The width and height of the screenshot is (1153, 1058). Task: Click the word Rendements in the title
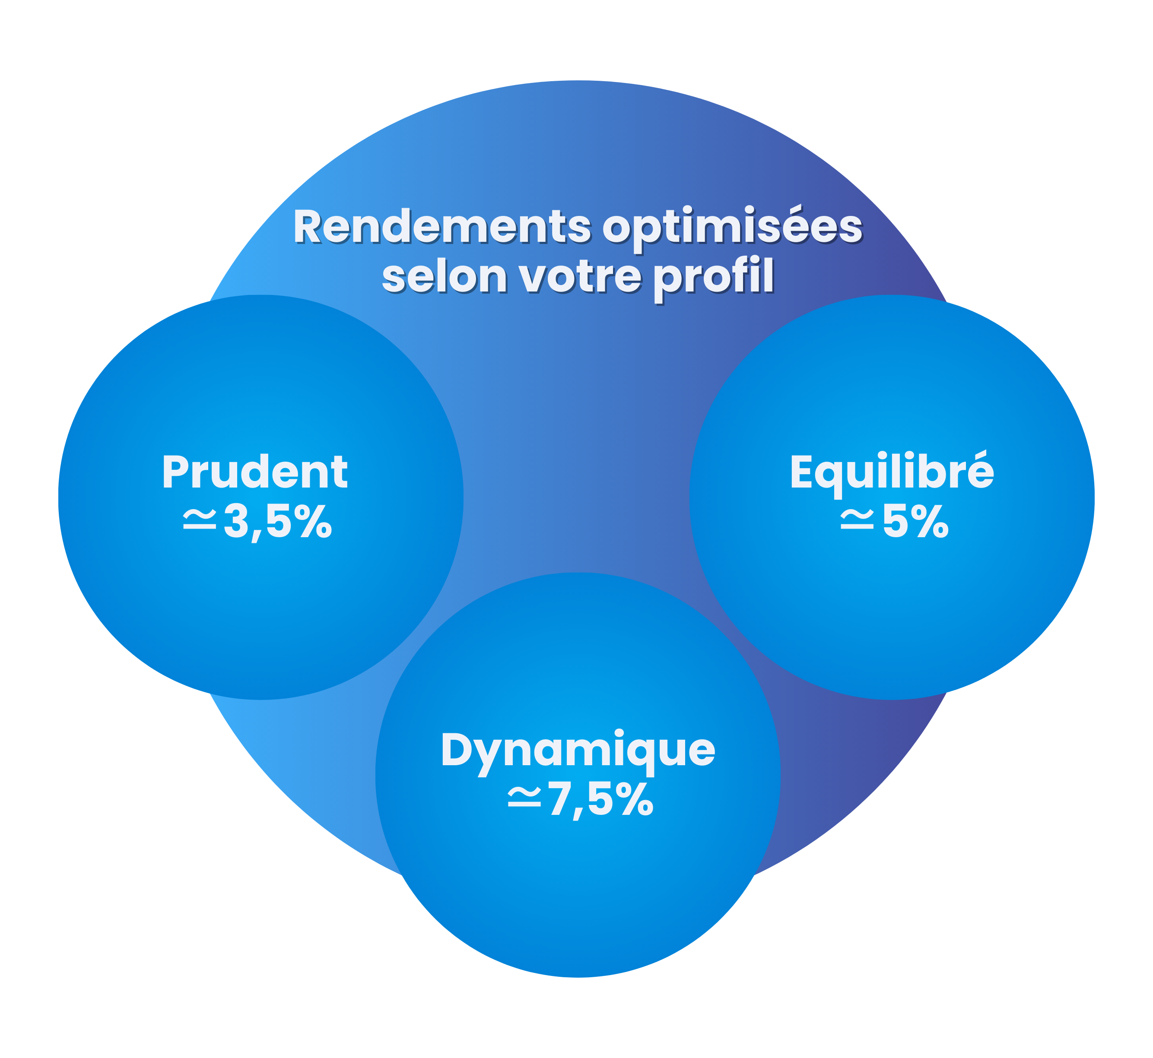[x=442, y=227]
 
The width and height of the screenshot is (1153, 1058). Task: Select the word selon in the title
[x=445, y=278]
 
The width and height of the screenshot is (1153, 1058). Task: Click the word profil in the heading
[x=714, y=279]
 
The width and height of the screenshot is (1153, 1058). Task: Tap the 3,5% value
[x=278, y=522]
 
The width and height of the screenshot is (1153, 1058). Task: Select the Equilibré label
[x=892, y=473]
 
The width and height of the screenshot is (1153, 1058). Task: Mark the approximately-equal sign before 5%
[x=857, y=520]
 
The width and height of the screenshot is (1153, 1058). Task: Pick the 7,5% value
[x=601, y=800]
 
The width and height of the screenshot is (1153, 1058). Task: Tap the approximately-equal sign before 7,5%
[x=524, y=798]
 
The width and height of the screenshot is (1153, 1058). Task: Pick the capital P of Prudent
[x=175, y=472]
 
